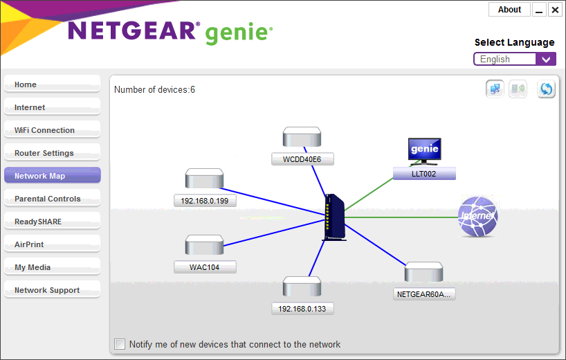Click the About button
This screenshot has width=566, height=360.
point(509,10)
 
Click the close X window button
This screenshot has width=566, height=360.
point(555,10)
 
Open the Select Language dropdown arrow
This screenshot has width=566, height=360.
point(546,60)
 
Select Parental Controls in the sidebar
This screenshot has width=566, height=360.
point(53,199)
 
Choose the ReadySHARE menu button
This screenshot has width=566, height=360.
point(53,222)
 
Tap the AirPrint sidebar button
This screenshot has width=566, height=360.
point(53,244)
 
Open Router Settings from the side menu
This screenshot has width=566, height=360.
point(53,153)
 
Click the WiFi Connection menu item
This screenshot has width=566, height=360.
point(53,130)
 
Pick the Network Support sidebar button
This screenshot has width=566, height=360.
point(53,290)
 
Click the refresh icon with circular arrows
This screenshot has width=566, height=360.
point(546,89)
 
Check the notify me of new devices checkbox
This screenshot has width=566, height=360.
point(120,344)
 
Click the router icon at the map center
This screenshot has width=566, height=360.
point(334,217)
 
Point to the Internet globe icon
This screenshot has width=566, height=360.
point(477,217)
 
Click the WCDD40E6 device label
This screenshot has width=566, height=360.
point(302,159)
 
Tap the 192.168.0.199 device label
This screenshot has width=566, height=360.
point(205,201)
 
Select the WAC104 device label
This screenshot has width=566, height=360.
point(205,267)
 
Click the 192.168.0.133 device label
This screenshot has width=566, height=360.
point(302,309)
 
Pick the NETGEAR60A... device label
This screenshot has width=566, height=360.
point(424,294)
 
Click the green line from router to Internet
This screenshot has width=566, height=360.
point(401,217)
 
